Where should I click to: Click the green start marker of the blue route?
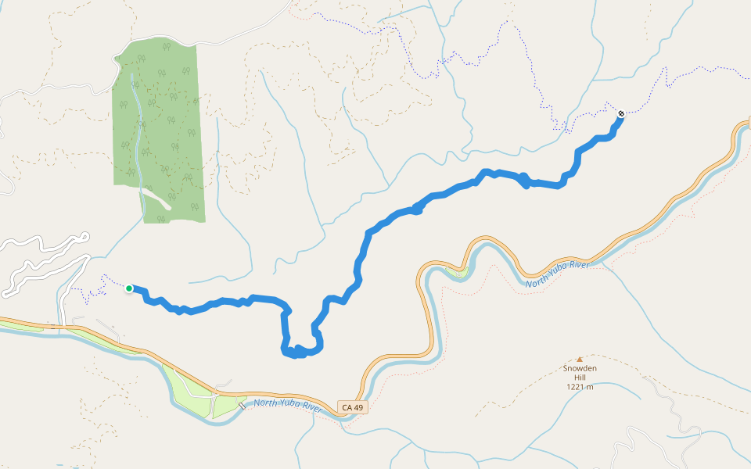point(128,288)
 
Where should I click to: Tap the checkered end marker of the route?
point(621,114)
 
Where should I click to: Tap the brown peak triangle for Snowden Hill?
point(580,359)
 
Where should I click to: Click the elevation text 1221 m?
point(580,387)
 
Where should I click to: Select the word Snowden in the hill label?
point(580,368)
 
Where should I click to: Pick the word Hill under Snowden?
point(580,378)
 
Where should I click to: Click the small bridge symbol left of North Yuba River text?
point(243,406)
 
